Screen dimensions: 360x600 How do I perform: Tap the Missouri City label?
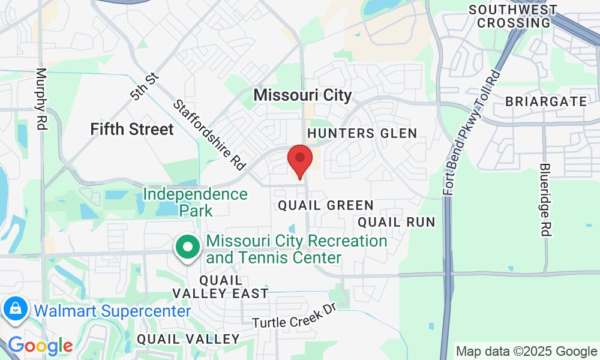pos(302,95)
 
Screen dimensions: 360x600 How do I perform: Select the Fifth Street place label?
pos(132,129)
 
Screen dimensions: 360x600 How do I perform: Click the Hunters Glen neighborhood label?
pos(362,133)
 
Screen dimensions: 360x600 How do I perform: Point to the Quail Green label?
pos(326,206)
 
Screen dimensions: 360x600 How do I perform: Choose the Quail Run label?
pos(396,222)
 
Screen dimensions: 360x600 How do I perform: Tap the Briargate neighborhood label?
pos(546,101)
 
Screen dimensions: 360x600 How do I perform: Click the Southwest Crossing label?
pos(512,16)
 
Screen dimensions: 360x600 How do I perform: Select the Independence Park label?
pos(196,202)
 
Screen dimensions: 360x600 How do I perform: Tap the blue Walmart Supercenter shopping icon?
pos(14,309)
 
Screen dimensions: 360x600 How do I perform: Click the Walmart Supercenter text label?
pos(113,311)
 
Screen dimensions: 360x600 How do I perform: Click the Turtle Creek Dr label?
pos(292,318)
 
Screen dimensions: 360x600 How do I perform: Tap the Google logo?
pos(40,346)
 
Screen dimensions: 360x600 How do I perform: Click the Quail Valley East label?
pos(220,287)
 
